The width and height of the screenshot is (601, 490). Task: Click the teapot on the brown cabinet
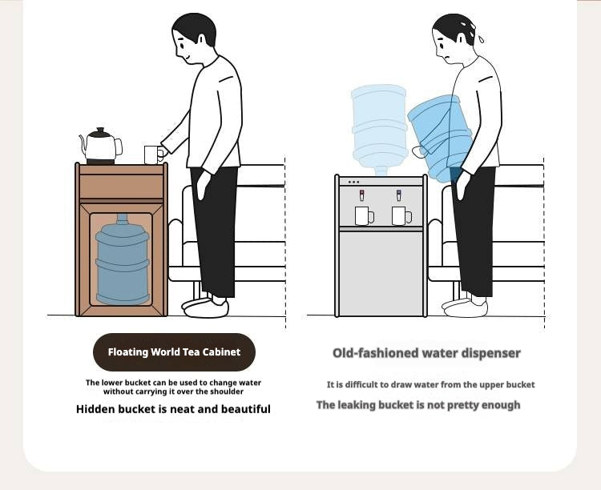101,146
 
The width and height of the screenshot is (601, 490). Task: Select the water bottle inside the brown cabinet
123,259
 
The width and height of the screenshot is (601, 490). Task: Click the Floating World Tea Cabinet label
174,352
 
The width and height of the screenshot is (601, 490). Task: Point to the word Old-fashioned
367,353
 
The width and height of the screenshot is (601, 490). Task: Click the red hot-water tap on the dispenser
362,195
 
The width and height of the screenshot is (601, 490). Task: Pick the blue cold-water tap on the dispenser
399,195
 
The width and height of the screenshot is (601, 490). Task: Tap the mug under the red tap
364,215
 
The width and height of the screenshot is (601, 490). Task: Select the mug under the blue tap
401,215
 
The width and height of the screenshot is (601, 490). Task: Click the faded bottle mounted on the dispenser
380,128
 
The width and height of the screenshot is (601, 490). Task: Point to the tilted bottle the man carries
441,138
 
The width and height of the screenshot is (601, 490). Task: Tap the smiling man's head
194,38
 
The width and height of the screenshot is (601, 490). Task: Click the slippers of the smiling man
205,307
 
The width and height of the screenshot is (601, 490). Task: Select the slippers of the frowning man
465,307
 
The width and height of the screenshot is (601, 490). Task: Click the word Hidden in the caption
95,409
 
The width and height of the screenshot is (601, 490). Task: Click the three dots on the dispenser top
353,182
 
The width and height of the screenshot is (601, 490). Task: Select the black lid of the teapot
99,133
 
